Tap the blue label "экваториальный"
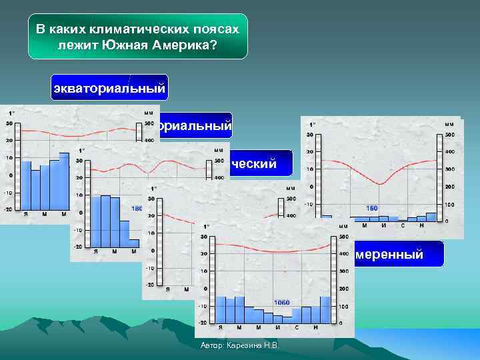pos(109,88)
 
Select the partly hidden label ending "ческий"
pos(253,163)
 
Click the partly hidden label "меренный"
pos(389,255)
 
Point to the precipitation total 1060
pos(281,302)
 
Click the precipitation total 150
pos(372,208)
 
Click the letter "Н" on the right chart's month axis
pos(421,225)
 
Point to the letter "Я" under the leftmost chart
pos(25,213)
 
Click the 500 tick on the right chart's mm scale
pos(450,136)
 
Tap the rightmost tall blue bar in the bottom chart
pos(325,309)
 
